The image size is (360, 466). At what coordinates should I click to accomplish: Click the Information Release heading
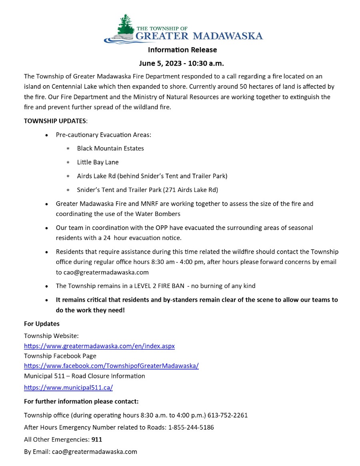[182, 50]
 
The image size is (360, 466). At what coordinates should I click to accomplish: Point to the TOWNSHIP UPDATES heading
[55, 121]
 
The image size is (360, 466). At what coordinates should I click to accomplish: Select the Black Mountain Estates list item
[110, 148]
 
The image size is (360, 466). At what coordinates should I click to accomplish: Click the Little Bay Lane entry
[98, 162]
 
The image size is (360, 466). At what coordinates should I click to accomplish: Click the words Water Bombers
[160, 214]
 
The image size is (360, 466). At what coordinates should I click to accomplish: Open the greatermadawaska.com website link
[99, 346]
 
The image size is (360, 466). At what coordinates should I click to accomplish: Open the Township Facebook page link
[111, 366]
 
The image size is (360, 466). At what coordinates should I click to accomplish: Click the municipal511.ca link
[68, 387]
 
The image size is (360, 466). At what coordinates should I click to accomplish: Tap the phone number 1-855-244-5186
[191, 427]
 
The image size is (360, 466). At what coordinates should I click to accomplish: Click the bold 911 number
[97, 440]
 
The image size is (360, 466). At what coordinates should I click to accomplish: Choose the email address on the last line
[94, 452]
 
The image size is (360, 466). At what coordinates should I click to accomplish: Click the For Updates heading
[42, 324]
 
